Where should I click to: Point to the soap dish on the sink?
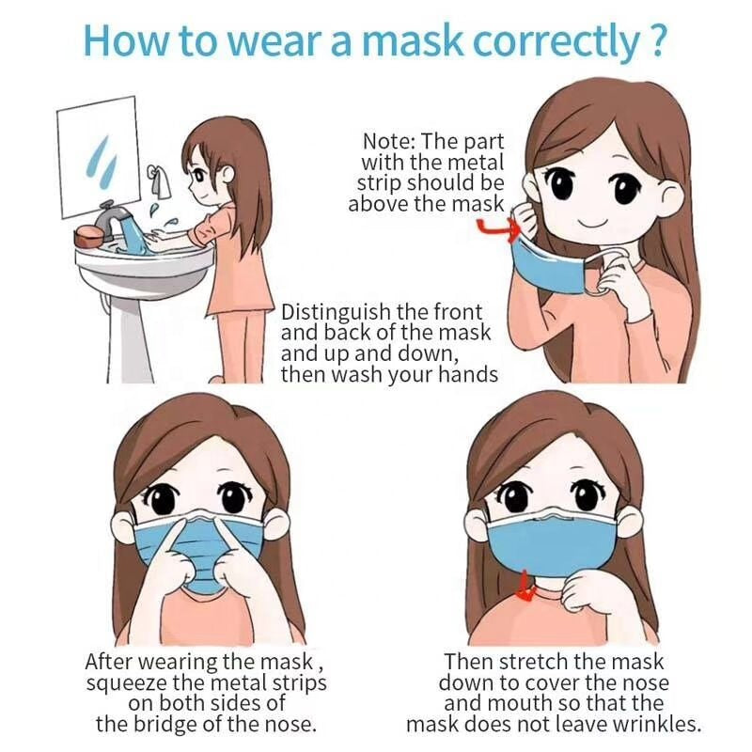[x=90, y=238]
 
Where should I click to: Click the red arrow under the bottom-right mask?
[x=527, y=590]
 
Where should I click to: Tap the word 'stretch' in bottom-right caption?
[x=531, y=662]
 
